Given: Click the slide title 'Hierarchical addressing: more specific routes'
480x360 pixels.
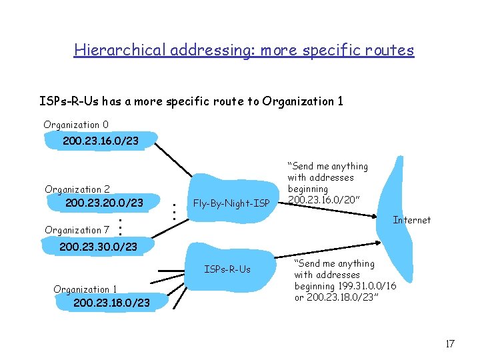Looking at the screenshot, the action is [244, 50].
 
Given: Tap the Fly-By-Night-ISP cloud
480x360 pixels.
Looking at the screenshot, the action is [231, 203].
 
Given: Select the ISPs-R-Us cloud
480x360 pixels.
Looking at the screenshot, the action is [227, 269].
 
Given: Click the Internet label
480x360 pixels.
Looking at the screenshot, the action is [411, 220].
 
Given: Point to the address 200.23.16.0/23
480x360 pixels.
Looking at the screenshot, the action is [100, 141].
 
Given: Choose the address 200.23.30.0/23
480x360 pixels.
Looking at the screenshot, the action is [98, 247].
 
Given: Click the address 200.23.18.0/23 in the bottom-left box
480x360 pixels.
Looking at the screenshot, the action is [111, 303].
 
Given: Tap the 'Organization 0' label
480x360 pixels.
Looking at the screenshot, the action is [76, 125].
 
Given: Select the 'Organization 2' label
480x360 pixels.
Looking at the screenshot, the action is [77, 189].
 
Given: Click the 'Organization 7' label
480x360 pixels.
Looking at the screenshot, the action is [77, 230].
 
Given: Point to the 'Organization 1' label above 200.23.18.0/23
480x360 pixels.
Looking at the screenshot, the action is [85, 289].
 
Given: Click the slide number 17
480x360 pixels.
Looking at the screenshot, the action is [449, 344].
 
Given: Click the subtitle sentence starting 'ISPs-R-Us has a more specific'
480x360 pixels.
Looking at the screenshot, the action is [191, 101].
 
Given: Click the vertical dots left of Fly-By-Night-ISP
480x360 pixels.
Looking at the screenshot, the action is [173, 212].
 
